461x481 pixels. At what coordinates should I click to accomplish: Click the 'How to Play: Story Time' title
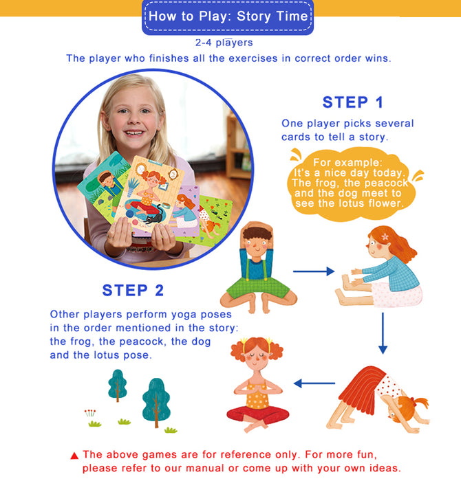click(x=228, y=16)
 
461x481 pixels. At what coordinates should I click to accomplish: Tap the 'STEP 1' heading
click(x=353, y=102)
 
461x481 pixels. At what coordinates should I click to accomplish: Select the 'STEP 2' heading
click(x=133, y=290)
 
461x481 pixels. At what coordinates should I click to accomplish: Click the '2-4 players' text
click(x=224, y=43)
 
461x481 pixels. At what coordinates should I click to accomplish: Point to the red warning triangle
click(x=74, y=456)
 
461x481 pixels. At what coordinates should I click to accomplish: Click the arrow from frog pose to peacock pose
click(x=314, y=271)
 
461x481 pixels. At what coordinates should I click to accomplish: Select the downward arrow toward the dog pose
click(x=383, y=333)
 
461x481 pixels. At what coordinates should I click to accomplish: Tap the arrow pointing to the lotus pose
click(x=314, y=383)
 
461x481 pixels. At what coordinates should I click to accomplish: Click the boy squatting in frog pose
click(x=258, y=267)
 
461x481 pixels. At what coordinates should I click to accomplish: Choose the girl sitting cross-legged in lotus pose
click(x=257, y=385)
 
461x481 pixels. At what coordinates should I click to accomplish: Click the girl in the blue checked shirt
click(x=380, y=267)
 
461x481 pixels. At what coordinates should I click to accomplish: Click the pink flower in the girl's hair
click(x=385, y=237)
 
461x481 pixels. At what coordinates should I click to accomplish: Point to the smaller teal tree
click(x=118, y=385)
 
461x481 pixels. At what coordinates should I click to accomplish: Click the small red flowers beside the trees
click(x=90, y=413)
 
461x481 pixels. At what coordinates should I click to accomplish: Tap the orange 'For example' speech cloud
click(x=351, y=184)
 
